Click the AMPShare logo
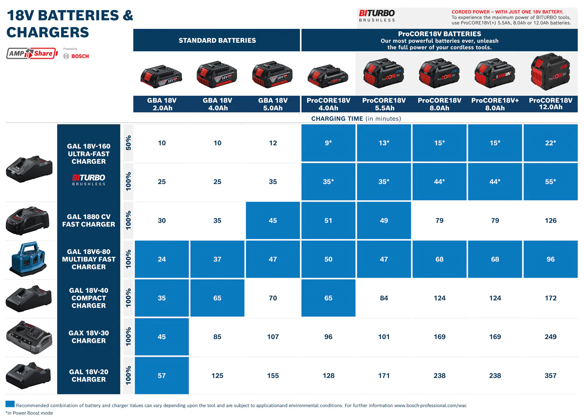coord(32,53)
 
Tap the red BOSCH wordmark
coord(80,56)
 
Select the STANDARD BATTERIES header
coord(217,40)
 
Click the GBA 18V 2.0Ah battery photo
coord(162,76)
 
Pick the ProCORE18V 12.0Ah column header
coord(550,104)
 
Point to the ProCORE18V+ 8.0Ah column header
coord(495,104)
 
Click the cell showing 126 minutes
coord(550,221)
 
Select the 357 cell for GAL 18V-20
coord(550,376)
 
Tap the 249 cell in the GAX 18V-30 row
coord(550,337)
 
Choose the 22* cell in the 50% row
coord(550,143)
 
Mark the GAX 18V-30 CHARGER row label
coord(89,337)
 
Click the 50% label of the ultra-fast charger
coord(128,143)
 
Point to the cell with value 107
coord(273,337)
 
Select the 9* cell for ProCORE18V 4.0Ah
coord(328,143)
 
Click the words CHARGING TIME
coord(337,119)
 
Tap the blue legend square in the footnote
coord(10,404)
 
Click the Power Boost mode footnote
coord(29,413)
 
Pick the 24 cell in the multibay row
coord(162,259)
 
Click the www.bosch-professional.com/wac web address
coord(430,406)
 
